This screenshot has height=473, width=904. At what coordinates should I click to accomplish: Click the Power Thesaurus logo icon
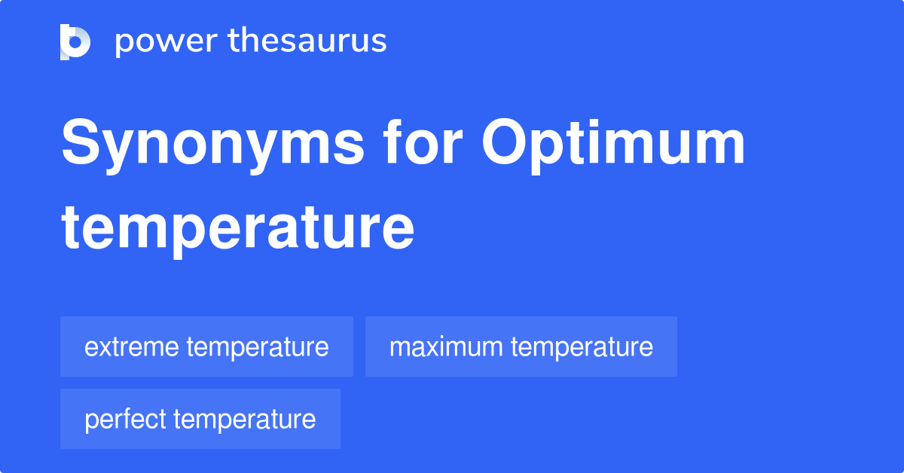click(75, 41)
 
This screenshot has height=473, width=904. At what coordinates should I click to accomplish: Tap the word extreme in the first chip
click(132, 347)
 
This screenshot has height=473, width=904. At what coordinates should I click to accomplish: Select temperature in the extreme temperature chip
click(258, 347)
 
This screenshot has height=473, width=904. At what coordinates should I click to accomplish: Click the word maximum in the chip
click(446, 347)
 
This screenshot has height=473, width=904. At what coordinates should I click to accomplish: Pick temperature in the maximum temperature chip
click(582, 347)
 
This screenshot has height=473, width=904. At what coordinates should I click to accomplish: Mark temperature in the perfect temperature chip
click(245, 420)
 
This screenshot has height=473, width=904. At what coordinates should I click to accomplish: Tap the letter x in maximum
click(423, 348)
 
